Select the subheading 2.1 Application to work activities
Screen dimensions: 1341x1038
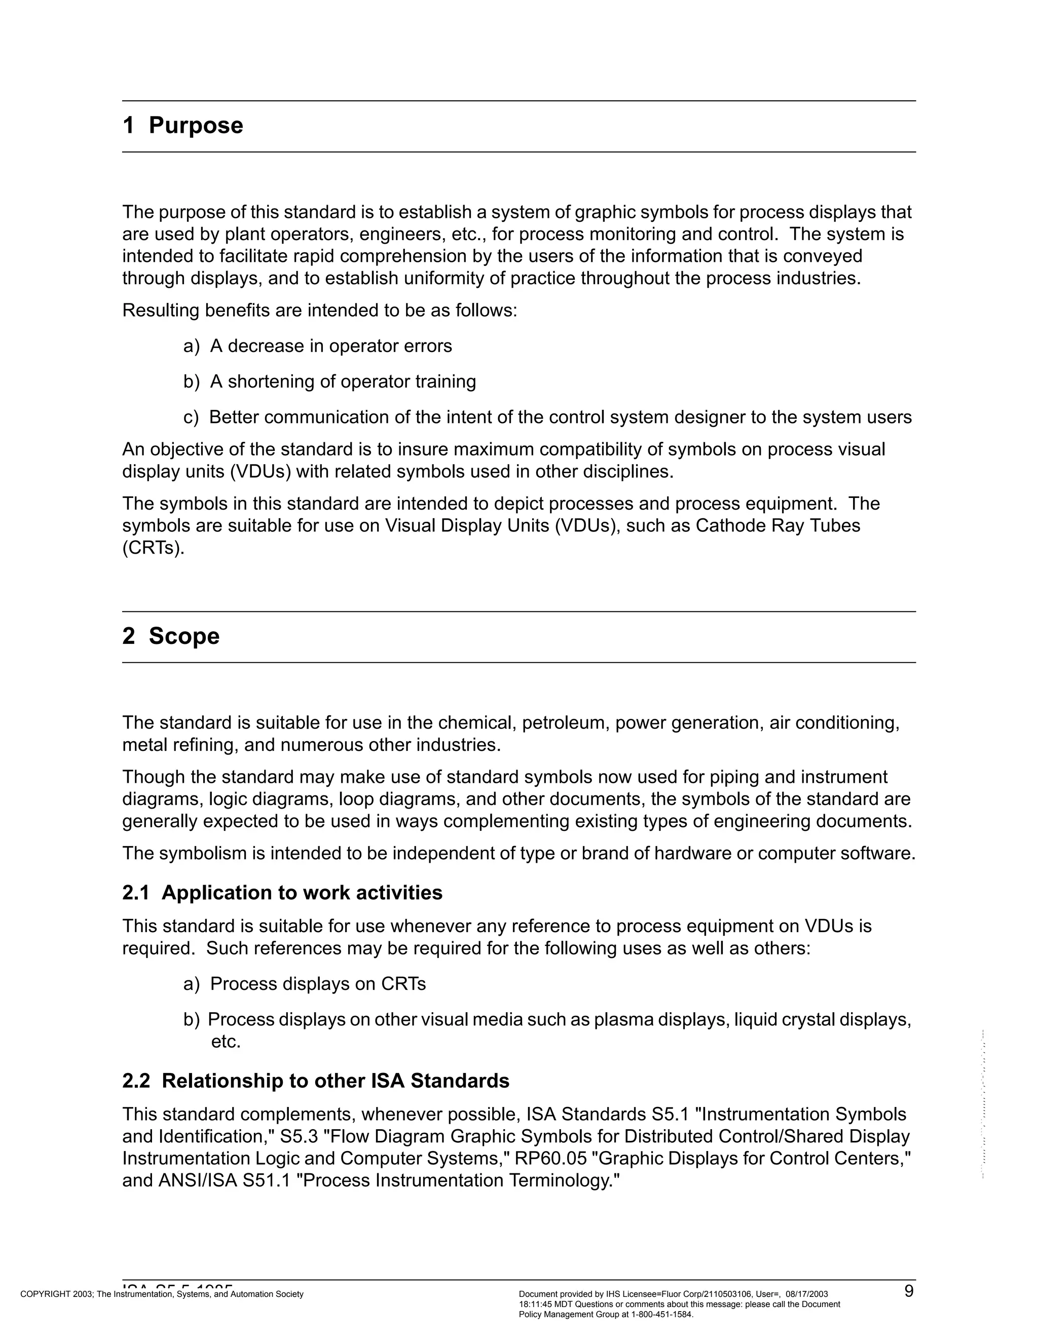pyautogui.click(x=282, y=892)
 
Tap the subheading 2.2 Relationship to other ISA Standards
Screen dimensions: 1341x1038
pyautogui.click(x=316, y=1080)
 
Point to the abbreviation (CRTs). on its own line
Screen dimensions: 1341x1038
pyautogui.click(x=153, y=548)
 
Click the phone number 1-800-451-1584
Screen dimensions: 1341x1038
pyautogui.click(x=661, y=1315)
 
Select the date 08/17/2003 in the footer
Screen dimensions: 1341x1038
pyautogui.click(x=806, y=1294)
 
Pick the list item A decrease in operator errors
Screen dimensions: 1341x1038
pyautogui.click(x=330, y=347)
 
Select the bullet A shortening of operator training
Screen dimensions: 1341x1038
pyautogui.click(x=343, y=382)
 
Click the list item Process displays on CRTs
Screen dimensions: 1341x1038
pyautogui.click(x=318, y=984)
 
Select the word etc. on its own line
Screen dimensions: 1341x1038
pyautogui.click(x=226, y=1042)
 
